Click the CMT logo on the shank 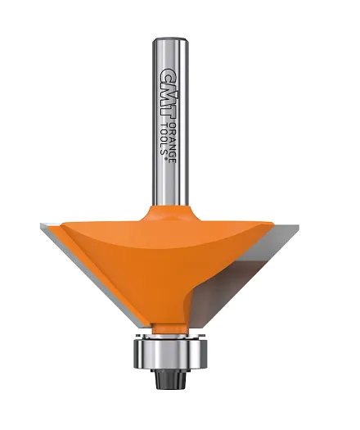point(167,87)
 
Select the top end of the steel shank point(171,39)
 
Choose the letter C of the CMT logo point(167,72)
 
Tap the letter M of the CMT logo point(167,87)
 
